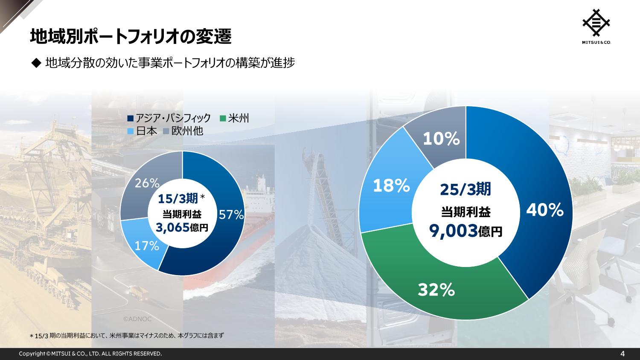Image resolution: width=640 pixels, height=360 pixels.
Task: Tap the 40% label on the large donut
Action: [x=544, y=210]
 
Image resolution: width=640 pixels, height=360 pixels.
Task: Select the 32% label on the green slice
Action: [x=436, y=290]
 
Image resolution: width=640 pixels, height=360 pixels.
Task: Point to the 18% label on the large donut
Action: [x=392, y=186]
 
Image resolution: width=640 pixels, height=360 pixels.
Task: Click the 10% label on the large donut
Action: [x=441, y=139]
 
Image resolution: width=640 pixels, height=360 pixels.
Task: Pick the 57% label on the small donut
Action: [x=231, y=215]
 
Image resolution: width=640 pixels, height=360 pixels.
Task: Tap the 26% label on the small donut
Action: [x=147, y=183]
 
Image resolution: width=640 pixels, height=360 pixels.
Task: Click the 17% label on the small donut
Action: [x=147, y=246]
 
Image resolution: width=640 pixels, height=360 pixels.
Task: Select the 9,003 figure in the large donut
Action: [x=453, y=231]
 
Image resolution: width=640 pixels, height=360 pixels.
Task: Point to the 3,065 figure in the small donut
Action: [x=172, y=228]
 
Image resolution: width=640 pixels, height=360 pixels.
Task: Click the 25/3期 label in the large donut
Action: [x=465, y=189]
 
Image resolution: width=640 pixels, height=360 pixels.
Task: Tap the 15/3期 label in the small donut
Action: [x=177, y=198]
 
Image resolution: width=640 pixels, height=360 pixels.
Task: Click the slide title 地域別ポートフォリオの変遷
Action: [x=131, y=37]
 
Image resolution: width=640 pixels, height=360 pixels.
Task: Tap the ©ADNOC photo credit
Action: [x=137, y=319]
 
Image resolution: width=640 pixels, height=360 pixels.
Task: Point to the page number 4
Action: [x=623, y=354]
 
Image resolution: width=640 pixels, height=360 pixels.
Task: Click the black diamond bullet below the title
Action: [x=35, y=63]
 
